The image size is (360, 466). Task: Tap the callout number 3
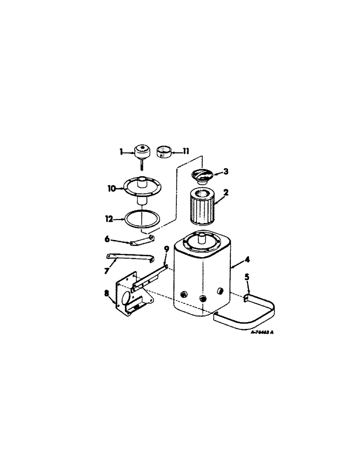226,171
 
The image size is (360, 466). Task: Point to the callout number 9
166,250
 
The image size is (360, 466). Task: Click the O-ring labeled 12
141,218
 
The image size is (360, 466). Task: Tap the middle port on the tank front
202,298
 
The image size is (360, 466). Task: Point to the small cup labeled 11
163,152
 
